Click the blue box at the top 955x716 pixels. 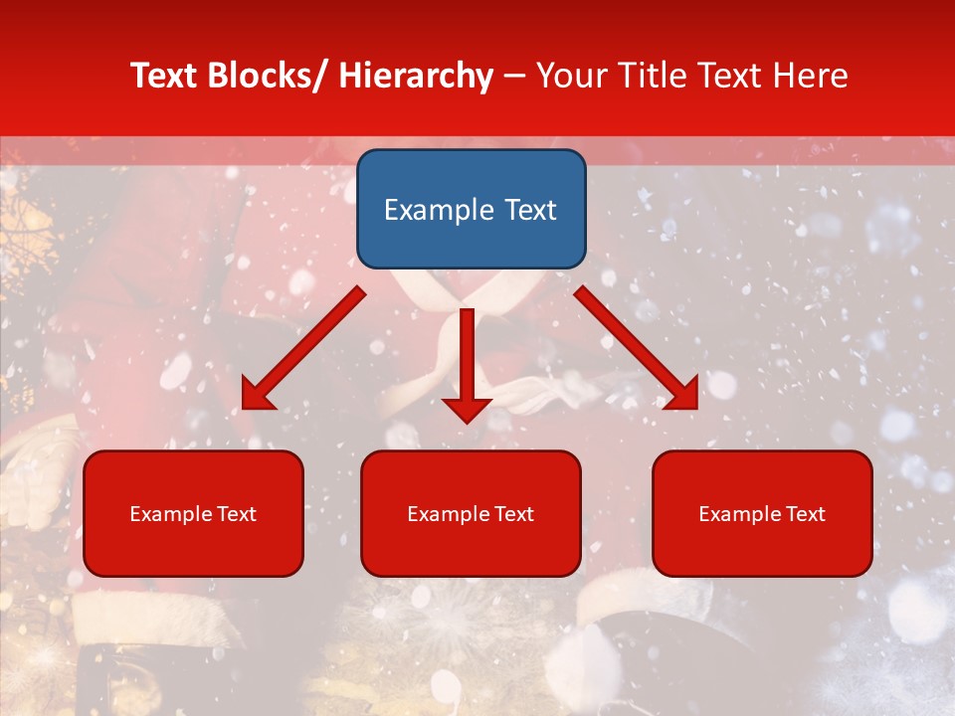point(471,209)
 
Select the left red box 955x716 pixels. point(193,513)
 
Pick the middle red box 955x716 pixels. point(471,513)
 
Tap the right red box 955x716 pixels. point(762,513)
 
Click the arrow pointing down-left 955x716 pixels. point(303,348)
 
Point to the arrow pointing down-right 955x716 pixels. point(637,348)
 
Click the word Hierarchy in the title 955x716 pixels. point(416,76)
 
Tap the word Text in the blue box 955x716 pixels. point(530,210)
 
